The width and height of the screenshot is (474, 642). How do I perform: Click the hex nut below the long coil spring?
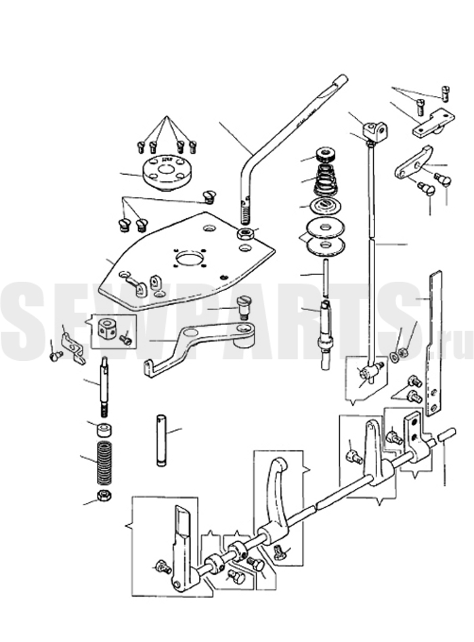104,495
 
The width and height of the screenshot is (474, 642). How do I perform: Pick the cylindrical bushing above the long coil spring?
105,430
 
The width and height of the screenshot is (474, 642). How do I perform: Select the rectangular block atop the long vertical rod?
375,131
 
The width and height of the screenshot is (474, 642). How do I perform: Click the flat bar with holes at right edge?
434,344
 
